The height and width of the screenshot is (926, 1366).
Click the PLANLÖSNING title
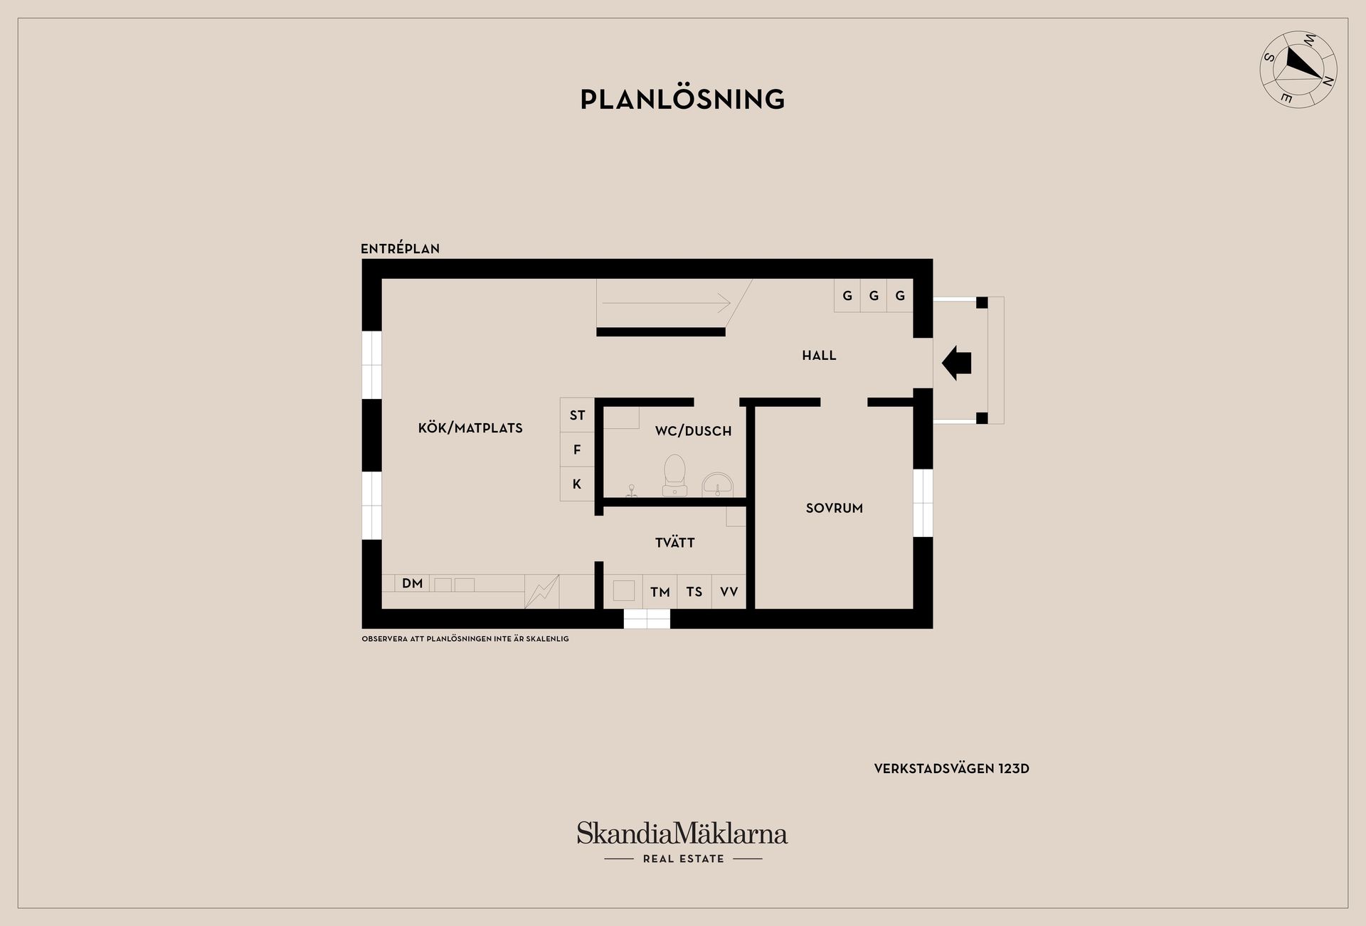point(682,100)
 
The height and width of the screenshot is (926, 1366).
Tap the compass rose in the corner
point(1298,70)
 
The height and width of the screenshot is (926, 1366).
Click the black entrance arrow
point(956,363)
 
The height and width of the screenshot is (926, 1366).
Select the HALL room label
point(819,356)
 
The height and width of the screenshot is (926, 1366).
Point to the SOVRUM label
point(834,509)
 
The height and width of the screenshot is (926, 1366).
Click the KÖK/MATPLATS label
point(470,428)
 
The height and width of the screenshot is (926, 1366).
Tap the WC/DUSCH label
point(693,431)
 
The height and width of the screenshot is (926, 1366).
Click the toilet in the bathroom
point(674,474)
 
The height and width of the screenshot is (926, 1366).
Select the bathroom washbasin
point(717,484)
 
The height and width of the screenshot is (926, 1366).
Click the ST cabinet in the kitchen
point(577,415)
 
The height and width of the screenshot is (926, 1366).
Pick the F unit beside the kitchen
point(577,449)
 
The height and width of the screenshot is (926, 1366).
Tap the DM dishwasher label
point(413,584)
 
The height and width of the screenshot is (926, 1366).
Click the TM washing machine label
point(660,592)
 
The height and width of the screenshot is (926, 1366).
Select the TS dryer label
point(694,592)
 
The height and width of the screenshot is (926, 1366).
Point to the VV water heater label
point(729,592)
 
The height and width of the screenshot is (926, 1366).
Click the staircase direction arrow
point(666,304)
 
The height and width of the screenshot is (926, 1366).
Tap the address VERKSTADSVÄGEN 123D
point(951,769)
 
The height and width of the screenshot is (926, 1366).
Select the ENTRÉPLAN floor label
point(400,249)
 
